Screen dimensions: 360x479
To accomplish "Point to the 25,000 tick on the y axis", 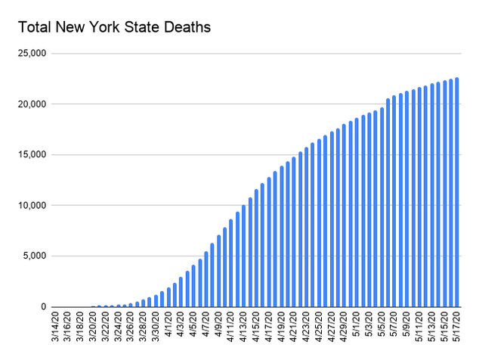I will click(33, 54).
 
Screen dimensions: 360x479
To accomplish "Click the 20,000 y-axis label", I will click(33, 104).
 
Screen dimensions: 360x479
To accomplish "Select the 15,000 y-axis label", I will click(33, 155).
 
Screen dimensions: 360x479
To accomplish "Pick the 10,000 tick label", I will click(33, 206).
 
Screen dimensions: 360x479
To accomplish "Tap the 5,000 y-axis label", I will click(36, 256).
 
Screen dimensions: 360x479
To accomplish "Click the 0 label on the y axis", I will click(45, 307).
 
